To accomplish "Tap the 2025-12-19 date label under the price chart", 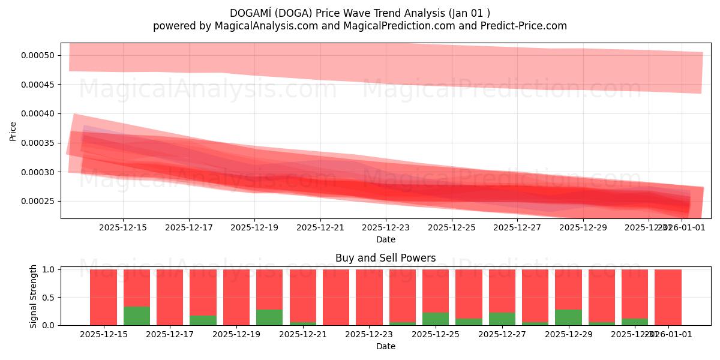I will point(254,227).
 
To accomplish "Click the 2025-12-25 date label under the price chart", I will point(451,227).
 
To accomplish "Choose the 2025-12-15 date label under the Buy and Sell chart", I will point(104,334).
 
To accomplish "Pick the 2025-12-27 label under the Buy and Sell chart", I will point(502,334).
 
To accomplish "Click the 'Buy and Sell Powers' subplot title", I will point(386,259).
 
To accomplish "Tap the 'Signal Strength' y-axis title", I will point(34,296).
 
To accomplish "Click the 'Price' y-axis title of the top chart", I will point(13,131).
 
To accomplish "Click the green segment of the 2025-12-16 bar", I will point(137,316).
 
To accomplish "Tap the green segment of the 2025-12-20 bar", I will point(269,317).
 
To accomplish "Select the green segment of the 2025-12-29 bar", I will point(568,317).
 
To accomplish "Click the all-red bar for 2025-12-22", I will point(336,297).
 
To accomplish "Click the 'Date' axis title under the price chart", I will point(386,239).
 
